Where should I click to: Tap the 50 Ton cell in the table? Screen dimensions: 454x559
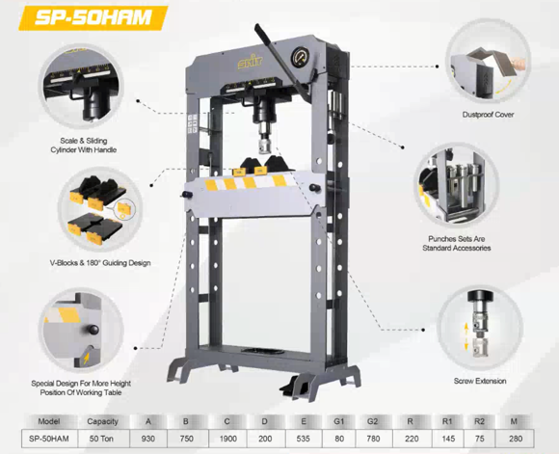click(x=102, y=439)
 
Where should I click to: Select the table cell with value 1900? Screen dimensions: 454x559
click(x=227, y=439)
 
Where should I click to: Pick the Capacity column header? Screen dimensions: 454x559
click(x=102, y=420)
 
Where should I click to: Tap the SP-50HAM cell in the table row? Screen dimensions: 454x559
click(x=49, y=439)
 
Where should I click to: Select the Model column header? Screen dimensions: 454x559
click(x=49, y=420)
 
